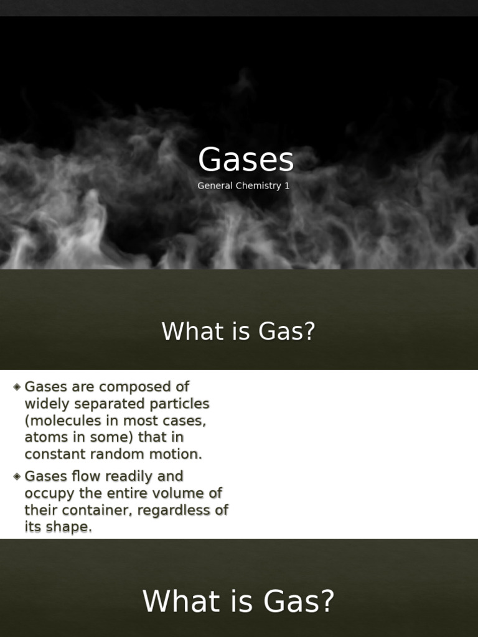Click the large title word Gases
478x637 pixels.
click(x=246, y=160)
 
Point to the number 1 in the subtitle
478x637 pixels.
click(x=287, y=186)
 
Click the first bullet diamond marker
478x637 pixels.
click(x=17, y=387)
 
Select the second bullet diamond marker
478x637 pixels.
click(x=17, y=477)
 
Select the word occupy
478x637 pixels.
click(x=48, y=494)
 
